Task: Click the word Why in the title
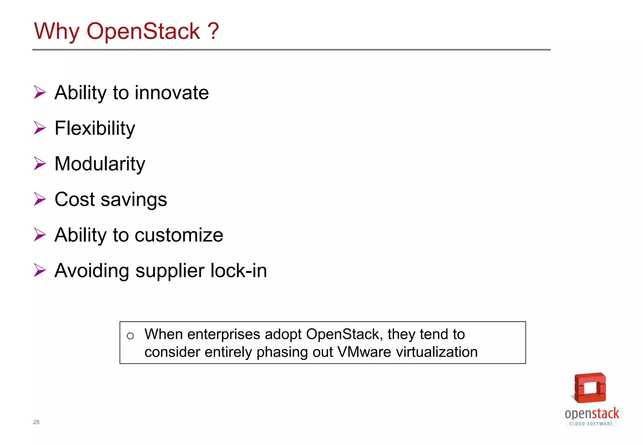click(x=57, y=32)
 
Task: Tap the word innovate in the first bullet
click(x=172, y=93)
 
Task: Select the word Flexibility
click(x=95, y=129)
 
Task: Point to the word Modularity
click(x=100, y=164)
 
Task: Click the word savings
click(x=134, y=200)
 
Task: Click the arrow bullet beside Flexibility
click(x=40, y=128)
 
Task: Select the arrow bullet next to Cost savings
click(x=40, y=199)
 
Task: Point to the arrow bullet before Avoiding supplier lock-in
click(x=40, y=270)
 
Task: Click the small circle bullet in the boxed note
click(x=130, y=336)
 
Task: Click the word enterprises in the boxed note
click(x=224, y=335)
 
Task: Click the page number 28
click(x=36, y=422)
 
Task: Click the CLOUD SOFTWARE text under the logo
click(x=591, y=424)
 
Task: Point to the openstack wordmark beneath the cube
click(x=592, y=414)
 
